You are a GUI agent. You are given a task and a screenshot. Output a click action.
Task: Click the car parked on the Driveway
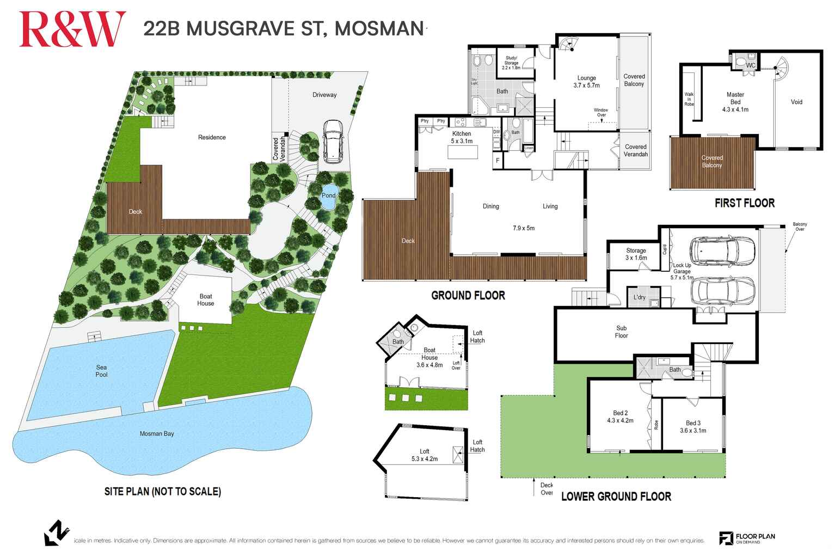tap(332, 140)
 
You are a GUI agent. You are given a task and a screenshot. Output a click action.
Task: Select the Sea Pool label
tap(101, 371)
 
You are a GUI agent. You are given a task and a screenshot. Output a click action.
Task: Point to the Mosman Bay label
tap(157, 433)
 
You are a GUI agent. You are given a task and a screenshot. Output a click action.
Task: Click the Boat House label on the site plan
tap(206, 300)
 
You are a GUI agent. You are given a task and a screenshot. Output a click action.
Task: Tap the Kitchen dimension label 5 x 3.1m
tap(462, 141)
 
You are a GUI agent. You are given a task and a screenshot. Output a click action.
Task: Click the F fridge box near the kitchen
tap(497, 161)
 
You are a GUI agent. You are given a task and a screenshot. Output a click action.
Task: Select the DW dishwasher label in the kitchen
tap(496, 132)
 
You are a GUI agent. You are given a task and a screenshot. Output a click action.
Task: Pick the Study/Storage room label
tap(511, 63)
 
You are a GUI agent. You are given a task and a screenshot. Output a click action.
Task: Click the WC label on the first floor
tap(751, 65)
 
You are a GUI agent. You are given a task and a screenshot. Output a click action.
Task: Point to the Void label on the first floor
tap(796, 102)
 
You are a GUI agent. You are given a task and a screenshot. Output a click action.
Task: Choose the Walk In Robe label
tap(689, 99)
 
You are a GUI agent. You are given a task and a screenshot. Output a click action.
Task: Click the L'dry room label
tap(640, 297)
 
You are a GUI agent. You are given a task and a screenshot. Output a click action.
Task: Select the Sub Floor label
tap(621, 332)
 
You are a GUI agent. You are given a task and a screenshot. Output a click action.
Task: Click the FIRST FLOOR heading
tap(744, 203)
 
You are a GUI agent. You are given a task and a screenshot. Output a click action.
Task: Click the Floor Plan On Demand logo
tap(747, 538)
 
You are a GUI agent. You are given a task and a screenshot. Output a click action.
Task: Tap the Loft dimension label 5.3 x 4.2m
tap(425, 459)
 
